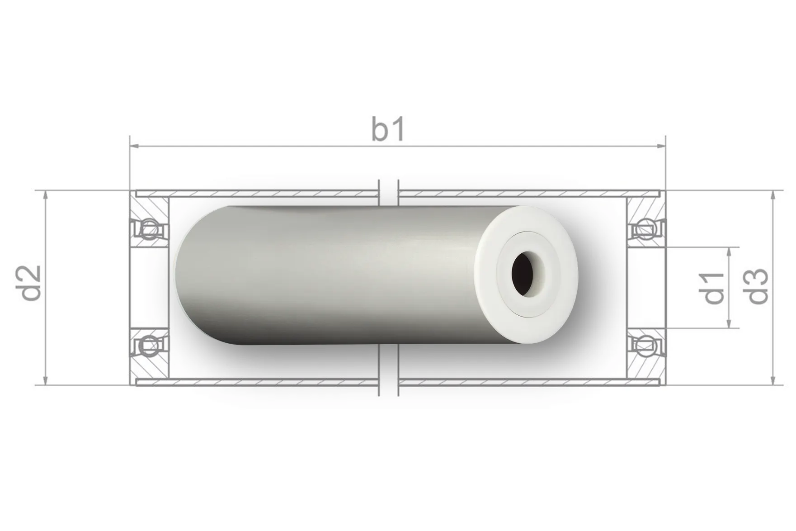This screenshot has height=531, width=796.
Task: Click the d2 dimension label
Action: tap(32, 284)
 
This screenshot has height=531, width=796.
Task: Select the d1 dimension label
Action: tap(714, 288)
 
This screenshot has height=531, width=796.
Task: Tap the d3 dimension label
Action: tap(758, 286)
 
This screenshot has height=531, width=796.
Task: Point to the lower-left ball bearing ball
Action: tap(149, 346)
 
